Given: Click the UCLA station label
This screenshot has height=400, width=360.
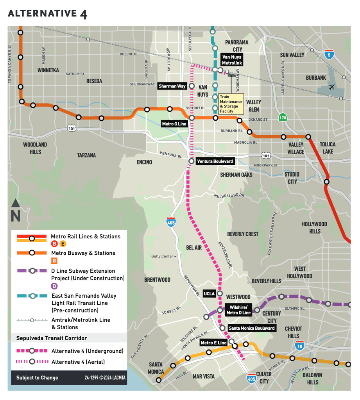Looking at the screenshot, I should click(209, 293).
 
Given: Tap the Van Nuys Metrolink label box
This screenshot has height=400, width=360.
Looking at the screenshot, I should click(232, 60).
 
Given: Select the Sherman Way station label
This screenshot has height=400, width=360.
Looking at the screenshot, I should click(172, 86).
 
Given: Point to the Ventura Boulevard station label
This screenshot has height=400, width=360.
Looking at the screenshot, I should click(215, 161).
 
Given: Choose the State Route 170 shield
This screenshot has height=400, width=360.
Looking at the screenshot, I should click(283, 117).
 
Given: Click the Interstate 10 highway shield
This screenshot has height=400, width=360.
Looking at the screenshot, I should click(300, 345).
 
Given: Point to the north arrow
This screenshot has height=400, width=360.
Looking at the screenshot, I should click(16, 210).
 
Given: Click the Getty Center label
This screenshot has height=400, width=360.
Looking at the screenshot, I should click(163, 257).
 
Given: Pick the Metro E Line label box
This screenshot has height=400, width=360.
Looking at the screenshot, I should click(213, 343).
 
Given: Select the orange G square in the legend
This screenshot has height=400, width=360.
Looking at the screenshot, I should click(54, 261).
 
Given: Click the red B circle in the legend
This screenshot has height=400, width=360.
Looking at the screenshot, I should click(54, 244).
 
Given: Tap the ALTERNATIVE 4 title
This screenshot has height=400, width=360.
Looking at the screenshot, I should click(47, 14).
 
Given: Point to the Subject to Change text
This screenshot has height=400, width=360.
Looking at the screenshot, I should click(37, 378).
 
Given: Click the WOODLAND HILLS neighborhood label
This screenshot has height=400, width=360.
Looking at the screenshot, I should click(35, 148).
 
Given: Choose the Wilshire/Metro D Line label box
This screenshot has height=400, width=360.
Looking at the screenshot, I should click(238, 310).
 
